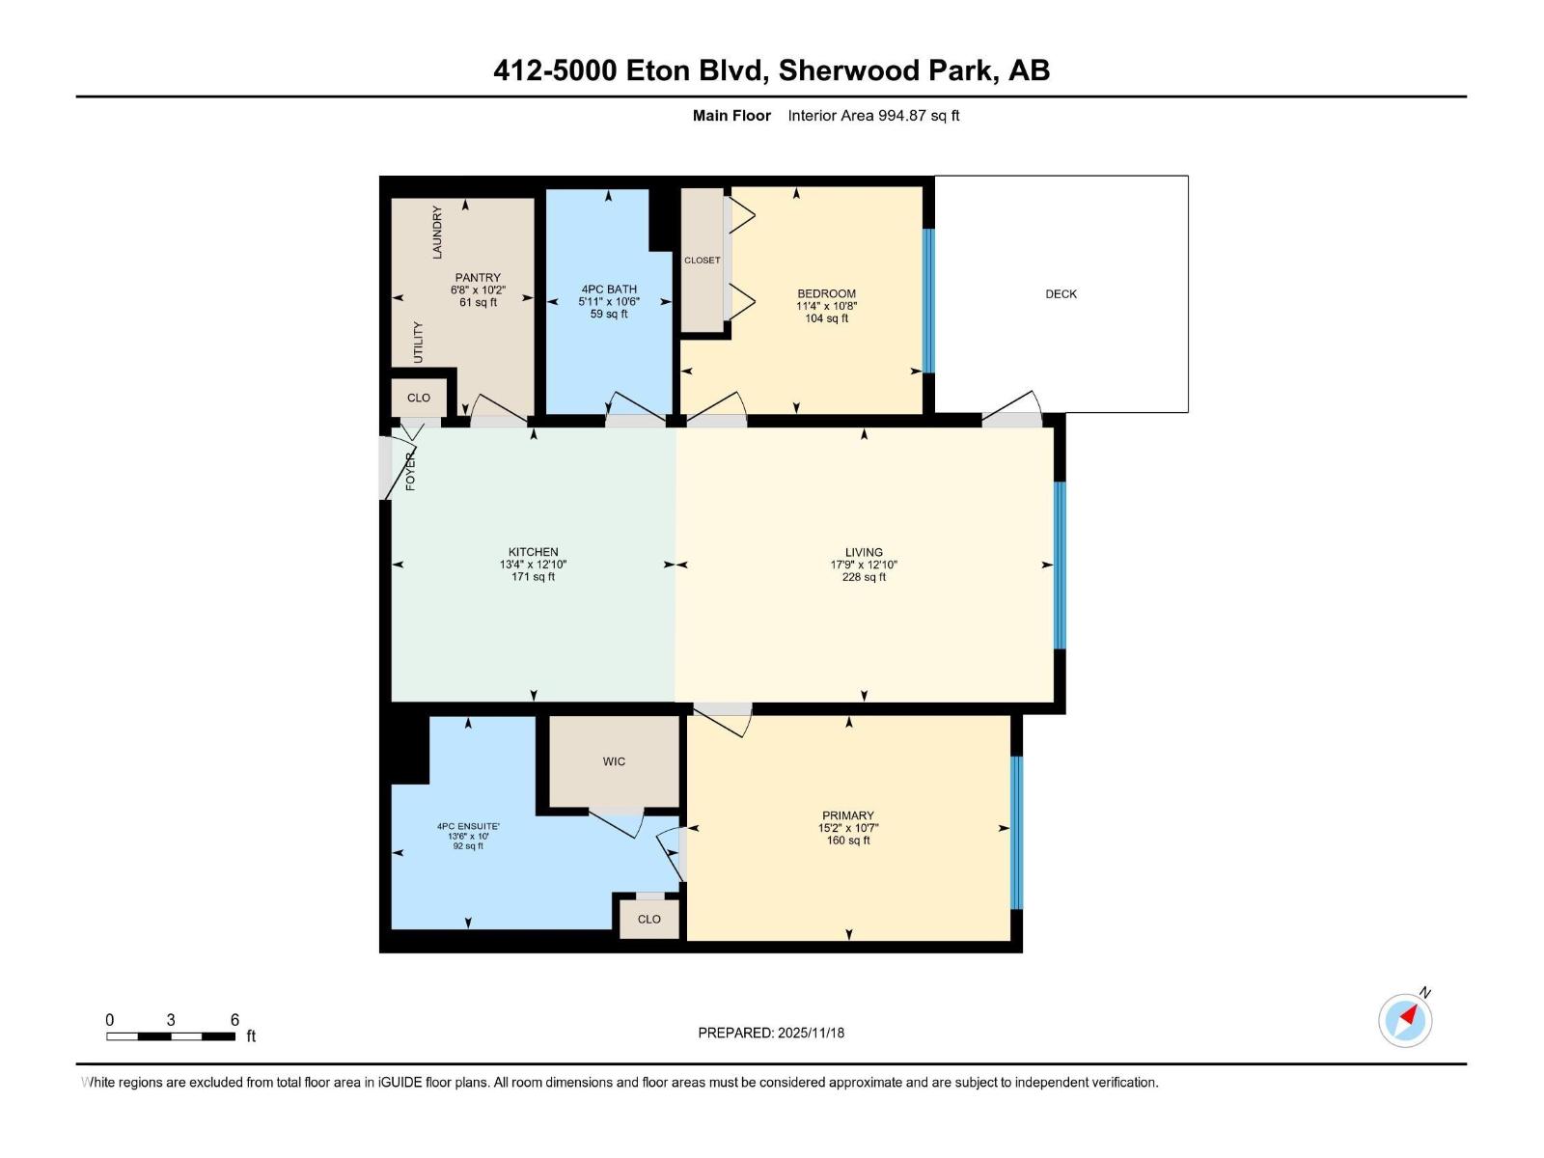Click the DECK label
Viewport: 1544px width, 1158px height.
1061,294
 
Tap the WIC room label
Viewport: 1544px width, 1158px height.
614,761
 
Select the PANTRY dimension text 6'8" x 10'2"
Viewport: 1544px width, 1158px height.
478,290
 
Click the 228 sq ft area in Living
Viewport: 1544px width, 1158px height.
864,577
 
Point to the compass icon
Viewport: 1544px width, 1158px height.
1405,1020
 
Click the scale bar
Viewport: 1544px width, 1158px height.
171,1036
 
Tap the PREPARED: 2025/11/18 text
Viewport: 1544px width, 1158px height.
771,1033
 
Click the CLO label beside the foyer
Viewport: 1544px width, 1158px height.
419,398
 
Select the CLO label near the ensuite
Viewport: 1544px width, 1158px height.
649,919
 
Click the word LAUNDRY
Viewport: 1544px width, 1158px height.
437,232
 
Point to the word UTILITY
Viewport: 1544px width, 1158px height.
418,343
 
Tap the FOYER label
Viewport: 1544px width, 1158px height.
410,471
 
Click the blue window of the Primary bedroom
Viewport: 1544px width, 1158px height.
1015,832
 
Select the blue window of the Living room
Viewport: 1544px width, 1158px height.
1060,565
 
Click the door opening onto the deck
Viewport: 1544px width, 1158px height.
1011,419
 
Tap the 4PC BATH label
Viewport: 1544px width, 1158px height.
609,289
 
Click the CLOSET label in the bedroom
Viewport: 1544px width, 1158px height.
702,261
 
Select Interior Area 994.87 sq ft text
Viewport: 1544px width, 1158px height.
873,116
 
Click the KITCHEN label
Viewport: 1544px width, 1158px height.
533,552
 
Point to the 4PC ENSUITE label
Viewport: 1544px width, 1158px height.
468,826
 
